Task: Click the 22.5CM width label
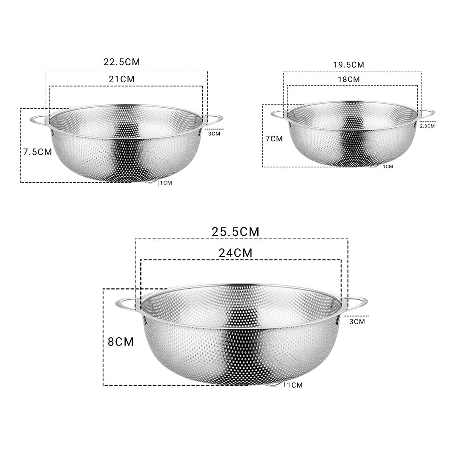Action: click(121, 62)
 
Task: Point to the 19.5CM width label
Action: click(348, 65)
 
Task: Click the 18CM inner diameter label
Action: click(348, 79)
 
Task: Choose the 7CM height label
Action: click(273, 138)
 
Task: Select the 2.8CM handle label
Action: click(427, 126)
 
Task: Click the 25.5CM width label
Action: click(235, 232)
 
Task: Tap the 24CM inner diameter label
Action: click(235, 253)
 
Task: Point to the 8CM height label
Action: click(121, 342)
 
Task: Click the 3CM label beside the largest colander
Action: click(357, 322)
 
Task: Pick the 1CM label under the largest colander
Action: click(294, 385)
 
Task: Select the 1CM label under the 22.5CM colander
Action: click(166, 183)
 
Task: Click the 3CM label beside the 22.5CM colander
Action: click(214, 134)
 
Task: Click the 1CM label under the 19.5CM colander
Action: click(388, 167)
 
